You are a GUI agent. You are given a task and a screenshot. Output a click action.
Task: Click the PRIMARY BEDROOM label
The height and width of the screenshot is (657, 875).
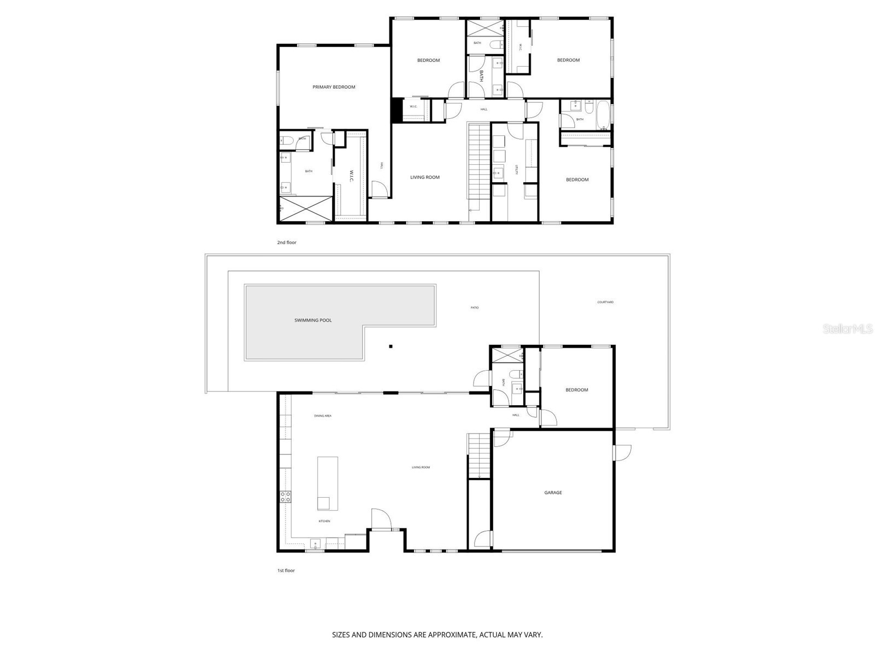tap(334, 87)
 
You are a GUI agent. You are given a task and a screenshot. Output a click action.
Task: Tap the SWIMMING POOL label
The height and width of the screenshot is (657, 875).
tap(313, 320)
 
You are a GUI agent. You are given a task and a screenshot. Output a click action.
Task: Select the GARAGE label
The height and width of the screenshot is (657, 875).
tap(553, 493)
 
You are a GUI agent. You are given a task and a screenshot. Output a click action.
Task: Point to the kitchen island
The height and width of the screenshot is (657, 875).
tap(327, 483)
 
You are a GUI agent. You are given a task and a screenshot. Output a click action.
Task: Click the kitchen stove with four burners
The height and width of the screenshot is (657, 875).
tap(285, 497)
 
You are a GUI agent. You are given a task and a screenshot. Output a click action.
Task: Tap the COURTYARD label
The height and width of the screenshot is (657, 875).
tap(605, 302)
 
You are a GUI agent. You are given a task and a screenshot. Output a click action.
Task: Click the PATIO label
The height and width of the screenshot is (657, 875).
tap(475, 308)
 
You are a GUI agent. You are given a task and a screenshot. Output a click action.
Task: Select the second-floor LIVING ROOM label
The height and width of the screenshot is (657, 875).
tap(425, 177)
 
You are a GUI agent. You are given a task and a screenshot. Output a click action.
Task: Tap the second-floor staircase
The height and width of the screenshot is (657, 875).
tap(479, 162)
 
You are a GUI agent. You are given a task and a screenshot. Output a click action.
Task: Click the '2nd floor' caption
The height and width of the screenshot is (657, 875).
tap(287, 242)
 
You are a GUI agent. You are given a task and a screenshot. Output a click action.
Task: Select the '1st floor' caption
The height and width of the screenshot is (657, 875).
tap(285, 570)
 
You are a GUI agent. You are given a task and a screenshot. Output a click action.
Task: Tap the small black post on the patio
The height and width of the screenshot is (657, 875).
tap(390, 346)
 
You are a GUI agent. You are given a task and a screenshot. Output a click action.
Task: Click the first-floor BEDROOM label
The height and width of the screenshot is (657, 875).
tap(576, 390)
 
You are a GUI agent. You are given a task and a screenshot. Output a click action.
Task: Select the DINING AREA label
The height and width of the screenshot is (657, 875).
tap(323, 416)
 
